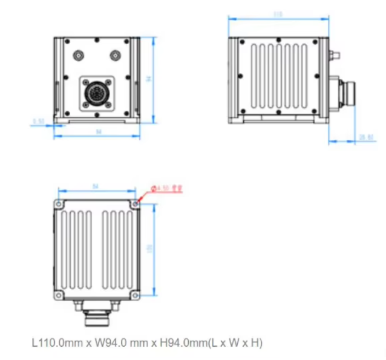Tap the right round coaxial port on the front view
(x=115, y=56)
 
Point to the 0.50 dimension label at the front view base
(x=38, y=121)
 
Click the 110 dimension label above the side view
(x=278, y=13)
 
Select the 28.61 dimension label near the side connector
(x=365, y=137)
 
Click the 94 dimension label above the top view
(x=95, y=186)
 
